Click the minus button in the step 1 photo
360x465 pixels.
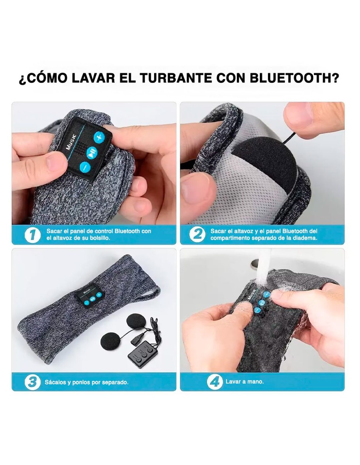85,166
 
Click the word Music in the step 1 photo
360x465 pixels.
71,142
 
